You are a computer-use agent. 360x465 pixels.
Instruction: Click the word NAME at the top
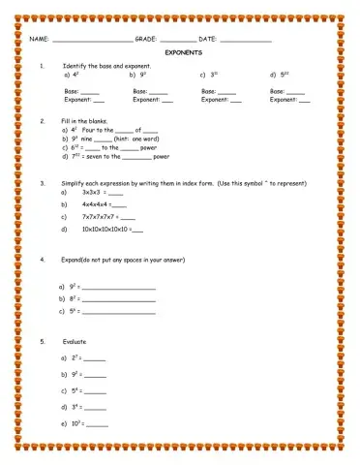click(38, 39)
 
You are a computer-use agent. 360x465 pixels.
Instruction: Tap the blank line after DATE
click(246, 40)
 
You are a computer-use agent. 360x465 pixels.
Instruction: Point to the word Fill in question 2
click(67, 121)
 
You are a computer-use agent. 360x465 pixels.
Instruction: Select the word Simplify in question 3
click(74, 182)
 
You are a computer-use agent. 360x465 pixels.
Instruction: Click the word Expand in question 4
click(73, 260)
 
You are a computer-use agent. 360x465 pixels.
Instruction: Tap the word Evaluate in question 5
click(75, 342)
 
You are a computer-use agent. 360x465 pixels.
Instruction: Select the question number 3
click(43, 182)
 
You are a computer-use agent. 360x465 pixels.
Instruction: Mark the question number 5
click(43, 342)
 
